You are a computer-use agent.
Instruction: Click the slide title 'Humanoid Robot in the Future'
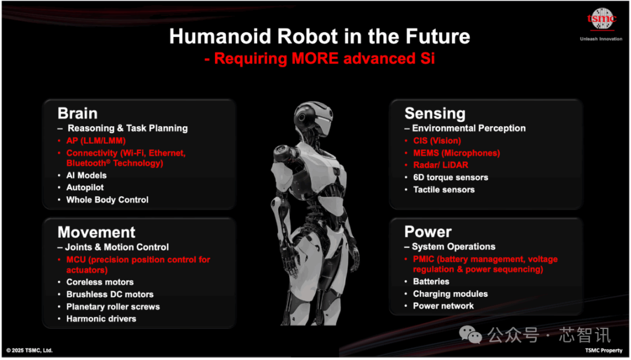point(320,36)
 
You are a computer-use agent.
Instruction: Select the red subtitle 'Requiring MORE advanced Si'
point(320,58)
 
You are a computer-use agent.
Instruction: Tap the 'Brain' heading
point(78,113)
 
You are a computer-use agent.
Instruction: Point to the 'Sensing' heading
point(435,113)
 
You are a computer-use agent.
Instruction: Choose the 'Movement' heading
point(96,233)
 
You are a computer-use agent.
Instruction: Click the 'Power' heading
point(428,232)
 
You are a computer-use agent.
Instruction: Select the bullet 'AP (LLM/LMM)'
point(96,141)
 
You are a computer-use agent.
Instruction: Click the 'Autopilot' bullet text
point(85,188)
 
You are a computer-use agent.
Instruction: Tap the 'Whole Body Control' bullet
point(108,200)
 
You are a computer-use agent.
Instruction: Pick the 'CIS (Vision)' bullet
point(437,141)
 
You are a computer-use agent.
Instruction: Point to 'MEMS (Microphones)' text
point(457,153)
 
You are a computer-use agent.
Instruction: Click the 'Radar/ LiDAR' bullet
point(441,165)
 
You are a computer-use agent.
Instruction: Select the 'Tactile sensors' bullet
point(444,190)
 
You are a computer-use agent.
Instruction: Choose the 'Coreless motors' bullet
point(100,282)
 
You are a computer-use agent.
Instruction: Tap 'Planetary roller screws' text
point(113,307)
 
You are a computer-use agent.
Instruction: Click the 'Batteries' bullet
point(431,282)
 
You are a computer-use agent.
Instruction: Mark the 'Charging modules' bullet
point(450,294)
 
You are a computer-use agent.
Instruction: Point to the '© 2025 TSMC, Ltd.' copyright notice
point(29,350)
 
